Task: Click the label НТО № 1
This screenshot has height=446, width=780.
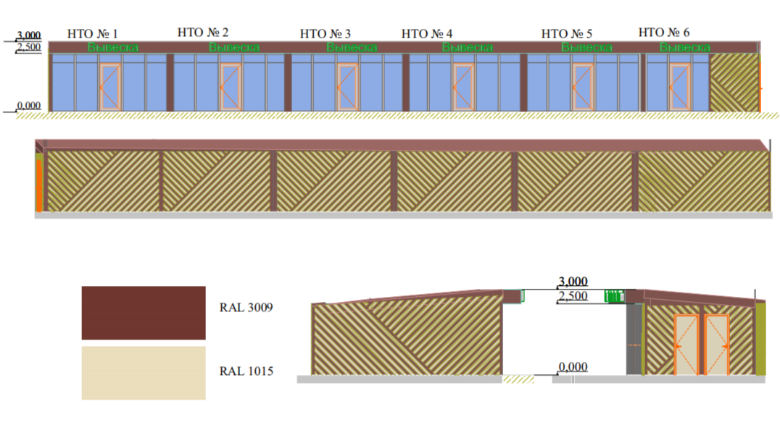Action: click(93, 34)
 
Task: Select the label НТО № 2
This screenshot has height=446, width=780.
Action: click(203, 33)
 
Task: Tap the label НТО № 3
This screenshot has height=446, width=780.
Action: click(325, 34)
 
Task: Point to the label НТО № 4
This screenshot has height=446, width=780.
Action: click(427, 34)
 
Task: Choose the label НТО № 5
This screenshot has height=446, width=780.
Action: click(567, 34)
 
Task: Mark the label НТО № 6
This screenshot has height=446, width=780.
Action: click(664, 33)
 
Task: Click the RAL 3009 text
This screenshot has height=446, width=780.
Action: click(246, 308)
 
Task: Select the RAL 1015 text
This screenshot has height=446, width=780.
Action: click(246, 371)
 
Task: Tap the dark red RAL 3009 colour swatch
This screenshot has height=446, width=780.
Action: click(144, 313)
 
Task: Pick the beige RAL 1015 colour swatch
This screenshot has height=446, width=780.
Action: click(144, 373)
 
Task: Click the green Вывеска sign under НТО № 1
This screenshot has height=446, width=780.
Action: click(113, 48)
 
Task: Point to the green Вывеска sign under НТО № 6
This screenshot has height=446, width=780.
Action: click(685, 48)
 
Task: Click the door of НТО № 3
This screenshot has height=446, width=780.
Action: click(348, 86)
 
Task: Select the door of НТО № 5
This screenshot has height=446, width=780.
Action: click(583, 86)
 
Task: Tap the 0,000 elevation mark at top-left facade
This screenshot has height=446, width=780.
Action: click(29, 105)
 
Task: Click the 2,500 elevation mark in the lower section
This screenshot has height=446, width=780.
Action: click(573, 296)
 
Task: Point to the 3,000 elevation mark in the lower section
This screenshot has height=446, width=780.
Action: click(573, 282)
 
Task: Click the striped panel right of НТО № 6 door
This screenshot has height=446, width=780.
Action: click(734, 83)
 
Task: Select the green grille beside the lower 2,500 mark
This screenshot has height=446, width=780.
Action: click(614, 297)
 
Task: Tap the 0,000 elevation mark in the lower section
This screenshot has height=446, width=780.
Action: click(573, 367)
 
